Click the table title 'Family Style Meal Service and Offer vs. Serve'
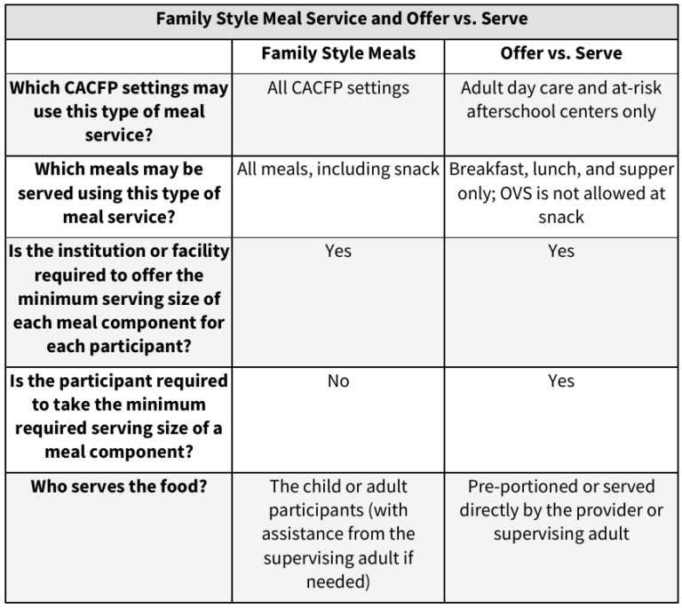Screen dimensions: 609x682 click(x=341, y=20)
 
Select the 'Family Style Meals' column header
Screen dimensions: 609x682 click(x=338, y=53)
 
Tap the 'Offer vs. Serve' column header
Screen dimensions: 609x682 click(x=561, y=53)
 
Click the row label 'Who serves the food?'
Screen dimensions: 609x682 click(x=119, y=486)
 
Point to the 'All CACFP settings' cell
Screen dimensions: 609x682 click(x=338, y=88)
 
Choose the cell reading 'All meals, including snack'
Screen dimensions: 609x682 click(x=338, y=169)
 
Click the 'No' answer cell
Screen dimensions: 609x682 click(x=338, y=381)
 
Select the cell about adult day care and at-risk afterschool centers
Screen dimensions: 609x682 click(x=561, y=100)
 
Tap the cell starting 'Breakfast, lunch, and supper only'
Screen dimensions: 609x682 click(x=561, y=192)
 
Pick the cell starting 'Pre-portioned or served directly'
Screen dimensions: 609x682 click(x=561, y=509)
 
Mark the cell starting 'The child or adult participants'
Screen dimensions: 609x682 click(x=338, y=533)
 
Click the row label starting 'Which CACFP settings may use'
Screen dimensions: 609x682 click(x=119, y=111)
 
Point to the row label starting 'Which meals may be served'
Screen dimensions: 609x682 click(x=119, y=192)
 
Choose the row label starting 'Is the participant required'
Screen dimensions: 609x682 click(x=119, y=415)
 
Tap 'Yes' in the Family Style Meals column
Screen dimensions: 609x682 click(x=338, y=251)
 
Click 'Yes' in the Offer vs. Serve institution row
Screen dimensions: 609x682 click(x=561, y=251)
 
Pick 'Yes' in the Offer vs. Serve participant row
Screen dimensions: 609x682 click(x=561, y=381)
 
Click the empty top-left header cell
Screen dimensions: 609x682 click(x=119, y=53)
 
